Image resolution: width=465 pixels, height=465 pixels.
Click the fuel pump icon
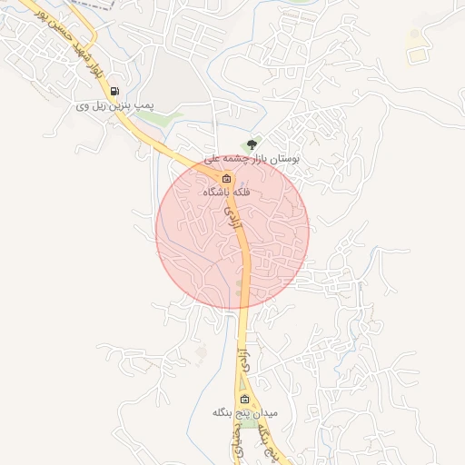click(114, 91)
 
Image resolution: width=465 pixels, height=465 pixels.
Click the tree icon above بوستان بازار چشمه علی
click(252, 143)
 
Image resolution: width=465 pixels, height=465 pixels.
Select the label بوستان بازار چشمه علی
click(252, 158)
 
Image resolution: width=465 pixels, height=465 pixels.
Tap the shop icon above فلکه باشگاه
click(227, 178)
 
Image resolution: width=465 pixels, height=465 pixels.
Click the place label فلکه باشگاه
click(227, 193)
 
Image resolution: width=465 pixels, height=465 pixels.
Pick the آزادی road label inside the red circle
click(233, 216)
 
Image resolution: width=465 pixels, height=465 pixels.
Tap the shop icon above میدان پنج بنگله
click(243, 400)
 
